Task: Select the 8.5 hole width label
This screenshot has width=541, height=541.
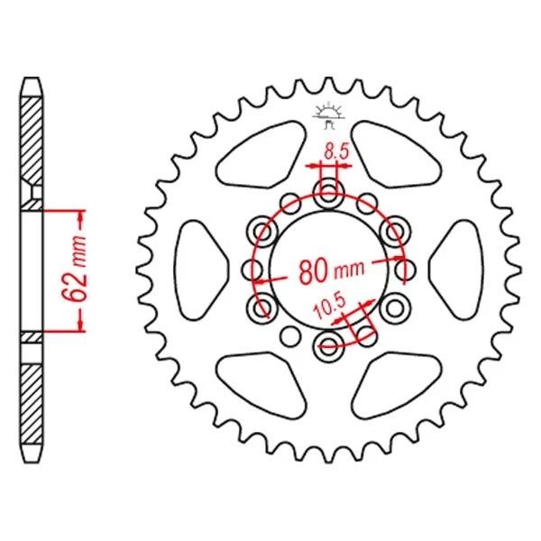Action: tap(335, 152)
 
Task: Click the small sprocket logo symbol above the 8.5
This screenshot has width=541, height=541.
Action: tap(327, 113)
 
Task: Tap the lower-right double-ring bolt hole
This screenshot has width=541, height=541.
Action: tap(393, 307)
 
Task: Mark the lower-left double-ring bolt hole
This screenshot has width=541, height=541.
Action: tap(263, 307)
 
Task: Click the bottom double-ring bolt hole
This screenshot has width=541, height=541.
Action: tap(328, 344)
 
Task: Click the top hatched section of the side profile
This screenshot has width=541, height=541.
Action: tap(32, 135)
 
